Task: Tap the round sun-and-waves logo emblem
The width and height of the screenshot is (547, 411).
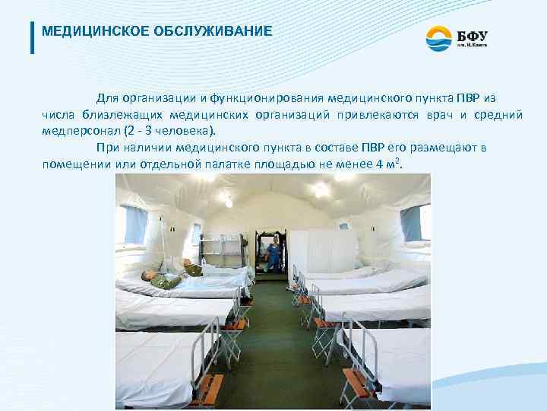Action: (438, 37)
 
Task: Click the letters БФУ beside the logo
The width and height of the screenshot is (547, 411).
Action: (473, 33)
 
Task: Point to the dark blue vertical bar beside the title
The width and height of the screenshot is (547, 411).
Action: (32, 36)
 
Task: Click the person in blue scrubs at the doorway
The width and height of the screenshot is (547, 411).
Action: (273, 253)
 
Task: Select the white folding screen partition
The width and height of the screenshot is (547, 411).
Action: (323, 250)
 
